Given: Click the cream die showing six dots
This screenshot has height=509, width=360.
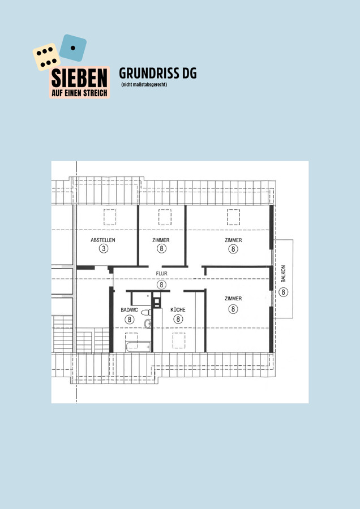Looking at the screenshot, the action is coord(46,57).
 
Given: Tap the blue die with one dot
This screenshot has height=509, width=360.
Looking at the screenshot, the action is coord(73,48).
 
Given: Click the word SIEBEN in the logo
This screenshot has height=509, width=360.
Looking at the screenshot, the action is coord(79,78).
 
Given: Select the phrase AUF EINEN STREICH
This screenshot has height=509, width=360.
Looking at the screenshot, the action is coord(79,93).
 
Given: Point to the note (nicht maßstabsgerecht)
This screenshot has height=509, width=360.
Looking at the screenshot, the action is coord(144,85).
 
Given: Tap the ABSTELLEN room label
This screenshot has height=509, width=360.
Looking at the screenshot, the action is coord(102,240).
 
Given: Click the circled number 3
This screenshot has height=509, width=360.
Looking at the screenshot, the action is coord(104,249).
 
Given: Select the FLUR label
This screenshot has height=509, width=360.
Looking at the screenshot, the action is coord(161,274).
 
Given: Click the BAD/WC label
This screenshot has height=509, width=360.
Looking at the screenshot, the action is coord(129,310).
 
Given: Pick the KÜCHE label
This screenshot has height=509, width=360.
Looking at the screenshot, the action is coord(178,310).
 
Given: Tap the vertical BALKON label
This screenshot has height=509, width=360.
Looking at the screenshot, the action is coord(284,274).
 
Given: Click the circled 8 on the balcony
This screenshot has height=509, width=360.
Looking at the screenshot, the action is coord(284,292).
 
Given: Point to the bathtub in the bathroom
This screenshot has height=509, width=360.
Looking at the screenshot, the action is coord(138,347).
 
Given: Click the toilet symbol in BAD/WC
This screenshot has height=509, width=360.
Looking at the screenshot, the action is coord(146,312).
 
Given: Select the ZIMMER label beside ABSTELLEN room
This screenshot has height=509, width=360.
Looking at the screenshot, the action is coord(161,240).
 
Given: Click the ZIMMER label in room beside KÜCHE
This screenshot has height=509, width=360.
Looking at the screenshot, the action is coord(233,298).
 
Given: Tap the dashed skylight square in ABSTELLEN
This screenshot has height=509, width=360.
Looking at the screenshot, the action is coord(110,217).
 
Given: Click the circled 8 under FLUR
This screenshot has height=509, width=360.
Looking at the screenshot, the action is coord(161,284).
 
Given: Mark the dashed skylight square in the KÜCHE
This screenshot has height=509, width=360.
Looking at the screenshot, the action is coord(179,340).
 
